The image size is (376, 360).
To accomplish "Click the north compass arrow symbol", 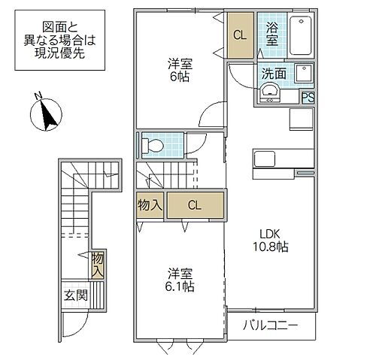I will click(47, 112).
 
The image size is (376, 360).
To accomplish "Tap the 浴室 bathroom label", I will click(271, 35).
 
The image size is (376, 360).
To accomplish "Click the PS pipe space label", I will click(308, 96).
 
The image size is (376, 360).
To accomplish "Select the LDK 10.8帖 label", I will click(269, 241).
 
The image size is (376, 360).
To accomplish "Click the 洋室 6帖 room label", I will click(180, 72).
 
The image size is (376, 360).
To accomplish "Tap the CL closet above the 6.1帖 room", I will click(195, 205).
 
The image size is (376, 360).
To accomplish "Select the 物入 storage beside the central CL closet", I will click(150, 205).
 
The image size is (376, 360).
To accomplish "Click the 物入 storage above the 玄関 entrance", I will click(98, 265).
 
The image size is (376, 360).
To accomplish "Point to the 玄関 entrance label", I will click(75, 295).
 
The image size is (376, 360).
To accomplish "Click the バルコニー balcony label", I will click(271, 327).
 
